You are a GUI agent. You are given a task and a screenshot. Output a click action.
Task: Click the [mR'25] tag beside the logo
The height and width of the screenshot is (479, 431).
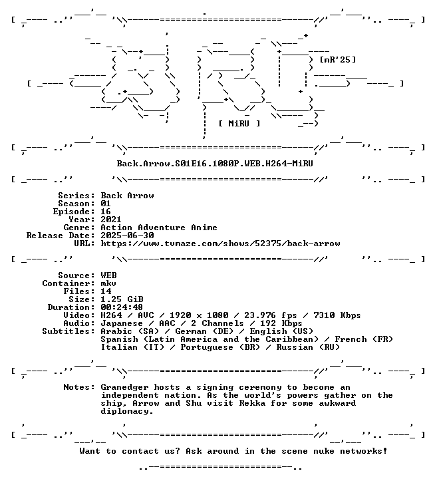coord(337,60)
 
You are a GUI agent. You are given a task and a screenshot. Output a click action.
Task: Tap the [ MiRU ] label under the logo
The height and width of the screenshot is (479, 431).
coord(239,124)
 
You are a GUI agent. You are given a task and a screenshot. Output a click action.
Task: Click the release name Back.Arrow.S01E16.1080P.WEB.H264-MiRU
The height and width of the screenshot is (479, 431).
coord(215,164)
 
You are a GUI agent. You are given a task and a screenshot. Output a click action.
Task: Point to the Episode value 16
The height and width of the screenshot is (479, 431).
coord(106,212)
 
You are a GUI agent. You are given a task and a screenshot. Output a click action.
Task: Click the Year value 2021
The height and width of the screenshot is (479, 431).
coord(111,220)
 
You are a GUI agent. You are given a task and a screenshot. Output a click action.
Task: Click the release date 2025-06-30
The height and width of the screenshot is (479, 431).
coord(127,236)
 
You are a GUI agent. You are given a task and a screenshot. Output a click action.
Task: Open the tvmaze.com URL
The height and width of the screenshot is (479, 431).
coord(220,243)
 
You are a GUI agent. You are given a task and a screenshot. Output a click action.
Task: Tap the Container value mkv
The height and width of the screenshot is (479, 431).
coord(108,283)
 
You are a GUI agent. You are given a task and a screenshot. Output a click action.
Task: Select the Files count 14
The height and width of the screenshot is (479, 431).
coord(106,291)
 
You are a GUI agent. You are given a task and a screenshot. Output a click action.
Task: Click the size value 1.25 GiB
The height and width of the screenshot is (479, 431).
coord(122,299)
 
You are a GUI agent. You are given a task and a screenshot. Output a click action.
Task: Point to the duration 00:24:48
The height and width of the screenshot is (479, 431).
coord(122,307)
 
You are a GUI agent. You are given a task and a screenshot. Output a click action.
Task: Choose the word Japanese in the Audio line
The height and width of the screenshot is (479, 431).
coord(122,323)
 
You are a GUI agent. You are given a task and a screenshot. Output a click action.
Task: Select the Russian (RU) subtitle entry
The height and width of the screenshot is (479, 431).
coord(308,347)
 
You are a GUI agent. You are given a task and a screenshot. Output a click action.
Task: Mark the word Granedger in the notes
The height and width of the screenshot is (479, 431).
coord(124,387)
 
